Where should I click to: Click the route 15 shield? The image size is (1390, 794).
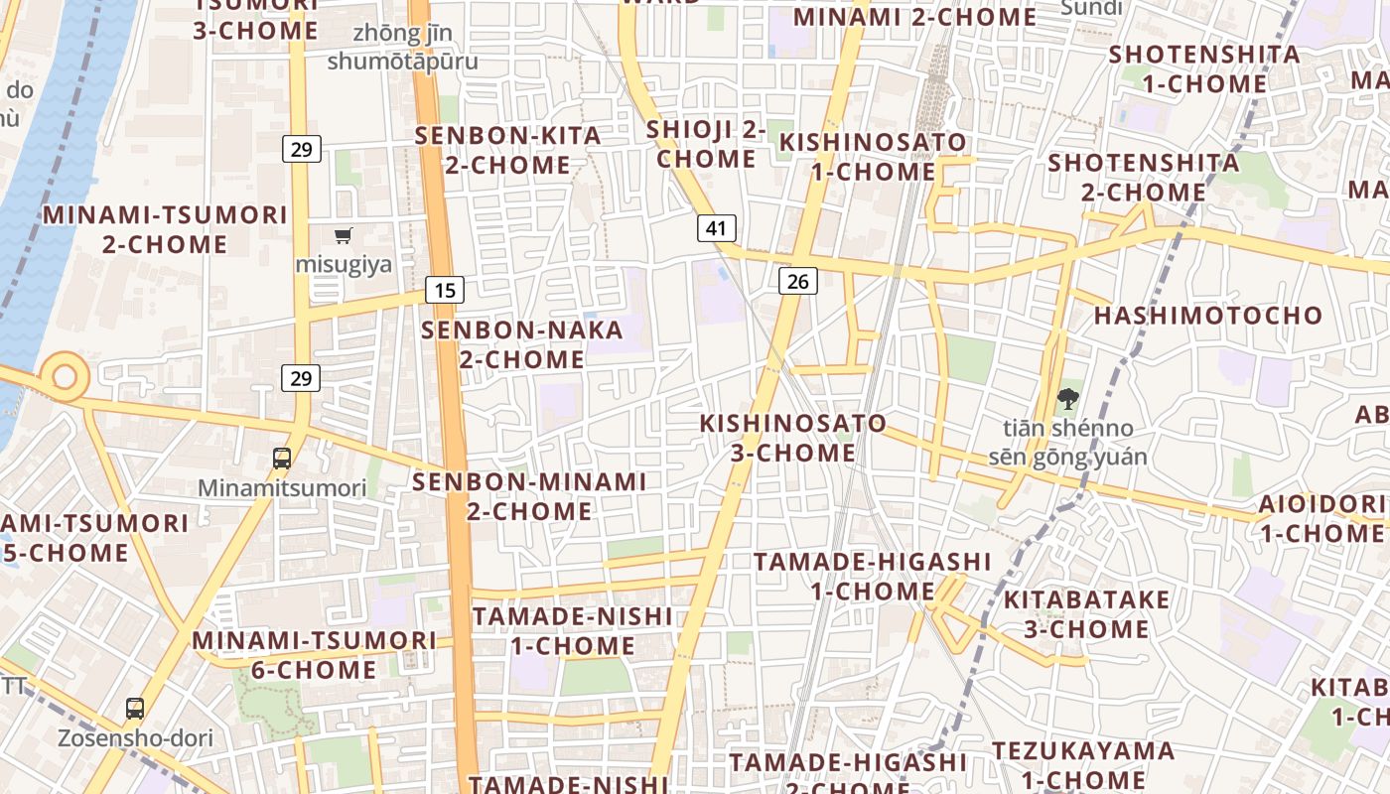(446, 290)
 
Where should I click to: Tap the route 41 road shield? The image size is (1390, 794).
(716, 228)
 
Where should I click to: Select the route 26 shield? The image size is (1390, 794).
(797, 282)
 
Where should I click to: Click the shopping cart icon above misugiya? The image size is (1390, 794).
(344, 235)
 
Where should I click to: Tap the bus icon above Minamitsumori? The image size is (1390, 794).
(282, 459)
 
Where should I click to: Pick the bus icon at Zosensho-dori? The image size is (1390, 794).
(135, 709)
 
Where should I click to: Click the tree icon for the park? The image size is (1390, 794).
(1067, 399)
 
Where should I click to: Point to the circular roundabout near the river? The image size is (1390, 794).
(65, 376)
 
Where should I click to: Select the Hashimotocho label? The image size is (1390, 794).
(1208, 316)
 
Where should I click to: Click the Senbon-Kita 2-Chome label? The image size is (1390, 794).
(508, 150)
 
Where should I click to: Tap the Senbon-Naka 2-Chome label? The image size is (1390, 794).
(522, 344)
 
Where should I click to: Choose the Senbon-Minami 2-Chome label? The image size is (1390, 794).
(529, 496)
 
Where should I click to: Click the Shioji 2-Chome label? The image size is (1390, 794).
(706, 144)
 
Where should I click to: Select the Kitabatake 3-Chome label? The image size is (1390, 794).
(1086, 614)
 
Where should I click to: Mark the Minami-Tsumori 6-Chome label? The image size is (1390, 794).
(314, 655)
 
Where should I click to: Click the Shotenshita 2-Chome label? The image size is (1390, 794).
(1144, 177)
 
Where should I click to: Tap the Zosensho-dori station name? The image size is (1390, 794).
(135, 738)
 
